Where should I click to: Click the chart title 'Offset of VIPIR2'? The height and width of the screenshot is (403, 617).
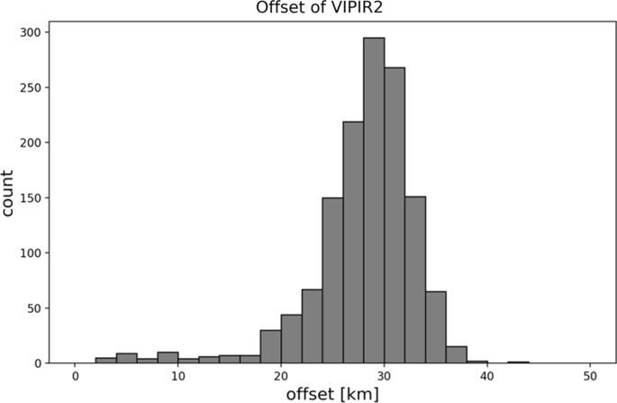click(x=333, y=10)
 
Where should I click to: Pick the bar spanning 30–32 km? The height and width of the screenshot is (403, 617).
click(x=395, y=212)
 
